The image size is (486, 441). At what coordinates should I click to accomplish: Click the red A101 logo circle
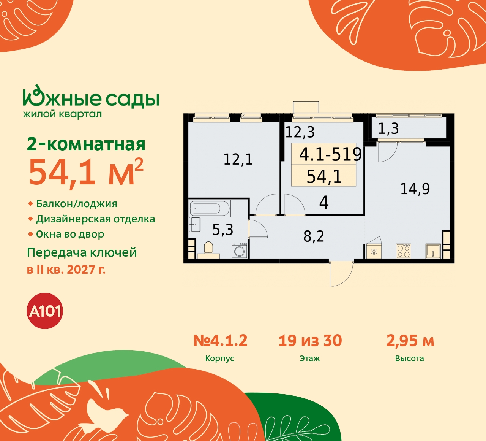click(x=45, y=311)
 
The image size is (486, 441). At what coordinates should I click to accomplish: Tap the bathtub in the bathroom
click(x=209, y=208)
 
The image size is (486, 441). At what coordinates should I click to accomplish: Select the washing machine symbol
click(x=239, y=251)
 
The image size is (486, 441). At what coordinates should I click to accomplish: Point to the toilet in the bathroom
click(x=208, y=249)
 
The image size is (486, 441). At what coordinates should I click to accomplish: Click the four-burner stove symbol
click(x=404, y=251)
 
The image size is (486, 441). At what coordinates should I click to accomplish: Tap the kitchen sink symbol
click(x=433, y=251)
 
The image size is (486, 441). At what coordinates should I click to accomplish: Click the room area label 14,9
click(x=415, y=189)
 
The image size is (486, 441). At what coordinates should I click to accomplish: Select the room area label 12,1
click(x=238, y=159)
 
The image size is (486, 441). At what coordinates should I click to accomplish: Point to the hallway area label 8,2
click(x=314, y=236)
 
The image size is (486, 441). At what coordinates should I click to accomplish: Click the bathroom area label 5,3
click(x=222, y=230)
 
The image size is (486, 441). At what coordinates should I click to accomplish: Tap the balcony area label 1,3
click(x=388, y=129)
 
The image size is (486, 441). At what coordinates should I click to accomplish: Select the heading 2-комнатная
click(x=86, y=144)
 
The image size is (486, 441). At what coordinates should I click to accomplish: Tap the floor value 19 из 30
click(x=310, y=341)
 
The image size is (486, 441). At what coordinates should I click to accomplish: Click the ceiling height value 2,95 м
click(x=410, y=341)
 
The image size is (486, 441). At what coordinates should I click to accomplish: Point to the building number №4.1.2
click(x=220, y=341)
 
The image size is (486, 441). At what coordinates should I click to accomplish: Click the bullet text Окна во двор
click(x=70, y=234)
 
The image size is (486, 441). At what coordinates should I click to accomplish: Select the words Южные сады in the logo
click(x=91, y=98)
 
